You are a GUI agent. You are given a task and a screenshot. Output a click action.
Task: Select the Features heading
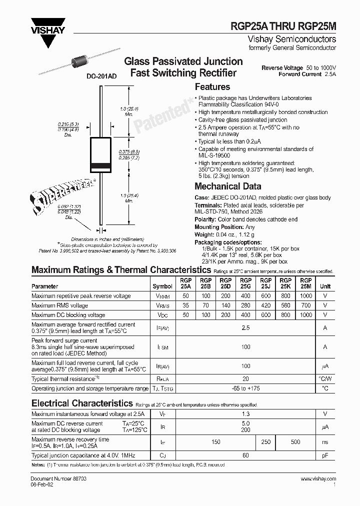click(x=212, y=87)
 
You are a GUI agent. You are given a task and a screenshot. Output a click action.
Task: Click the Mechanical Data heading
click(x=228, y=186)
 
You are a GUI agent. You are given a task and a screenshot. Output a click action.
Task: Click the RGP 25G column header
click(x=245, y=283)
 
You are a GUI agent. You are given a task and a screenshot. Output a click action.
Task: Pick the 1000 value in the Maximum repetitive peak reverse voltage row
click(x=306, y=296)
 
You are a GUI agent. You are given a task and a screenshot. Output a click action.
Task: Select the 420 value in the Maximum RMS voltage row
click(x=265, y=305)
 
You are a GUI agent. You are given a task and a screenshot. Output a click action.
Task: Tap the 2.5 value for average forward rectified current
click(x=245, y=327)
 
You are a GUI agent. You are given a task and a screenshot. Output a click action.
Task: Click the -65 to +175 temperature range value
click(x=245, y=388)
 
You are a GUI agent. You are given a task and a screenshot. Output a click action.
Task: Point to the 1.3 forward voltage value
click(x=245, y=413)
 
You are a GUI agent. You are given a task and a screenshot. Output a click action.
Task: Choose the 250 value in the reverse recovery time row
click(x=265, y=442)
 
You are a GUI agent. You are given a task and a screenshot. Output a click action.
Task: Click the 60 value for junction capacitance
click(x=245, y=455)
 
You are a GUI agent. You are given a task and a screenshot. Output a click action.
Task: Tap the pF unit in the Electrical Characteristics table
click(x=325, y=455)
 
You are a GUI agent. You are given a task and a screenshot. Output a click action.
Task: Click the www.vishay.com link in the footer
click(x=318, y=479)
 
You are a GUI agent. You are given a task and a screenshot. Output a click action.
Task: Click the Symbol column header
click(x=162, y=286)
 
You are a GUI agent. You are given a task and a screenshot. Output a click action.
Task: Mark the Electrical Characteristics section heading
click(x=82, y=403)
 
